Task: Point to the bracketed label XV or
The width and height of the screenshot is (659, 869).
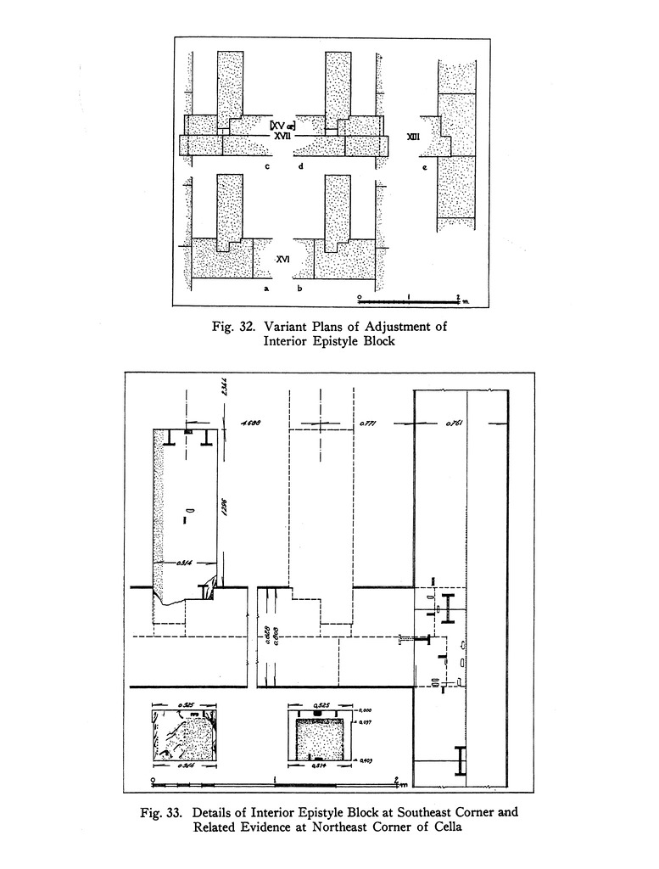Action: click(x=282, y=126)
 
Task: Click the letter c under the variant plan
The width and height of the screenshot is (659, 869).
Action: click(x=267, y=166)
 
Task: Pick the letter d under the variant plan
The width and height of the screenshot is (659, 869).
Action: click(x=299, y=166)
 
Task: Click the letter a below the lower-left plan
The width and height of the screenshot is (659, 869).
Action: click(x=266, y=289)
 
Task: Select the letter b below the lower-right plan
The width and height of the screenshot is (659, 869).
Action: click(x=299, y=289)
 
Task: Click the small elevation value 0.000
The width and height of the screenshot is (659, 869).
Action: click(x=365, y=711)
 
